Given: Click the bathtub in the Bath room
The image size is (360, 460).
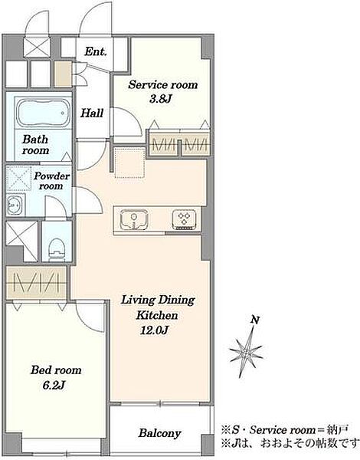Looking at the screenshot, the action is (44, 113).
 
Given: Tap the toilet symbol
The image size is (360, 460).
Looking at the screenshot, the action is (56, 248).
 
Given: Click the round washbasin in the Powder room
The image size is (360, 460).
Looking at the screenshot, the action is (15, 204).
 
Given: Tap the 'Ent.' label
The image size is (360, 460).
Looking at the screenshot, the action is (96, 51).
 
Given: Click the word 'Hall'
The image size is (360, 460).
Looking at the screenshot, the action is (92, 113).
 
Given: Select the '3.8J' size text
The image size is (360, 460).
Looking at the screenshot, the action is (160, 99).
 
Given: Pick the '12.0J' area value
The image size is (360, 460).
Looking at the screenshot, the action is (155, 330).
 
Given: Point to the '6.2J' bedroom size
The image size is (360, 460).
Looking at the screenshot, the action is (54, 385).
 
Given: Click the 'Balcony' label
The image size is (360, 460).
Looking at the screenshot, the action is (160, 433).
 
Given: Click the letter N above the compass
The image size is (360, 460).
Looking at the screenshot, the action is (255, 320).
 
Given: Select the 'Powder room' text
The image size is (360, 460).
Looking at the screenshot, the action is (51, 181).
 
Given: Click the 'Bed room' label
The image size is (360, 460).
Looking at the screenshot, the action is (56, 370).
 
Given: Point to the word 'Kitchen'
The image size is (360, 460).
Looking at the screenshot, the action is (157, 315).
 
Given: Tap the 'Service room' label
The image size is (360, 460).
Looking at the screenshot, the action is (162, 85).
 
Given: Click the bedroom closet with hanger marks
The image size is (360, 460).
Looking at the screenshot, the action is (36, 283).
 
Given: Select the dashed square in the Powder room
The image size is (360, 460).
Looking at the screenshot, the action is (18, 179).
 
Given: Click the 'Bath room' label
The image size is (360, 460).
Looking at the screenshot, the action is (35, 145).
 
